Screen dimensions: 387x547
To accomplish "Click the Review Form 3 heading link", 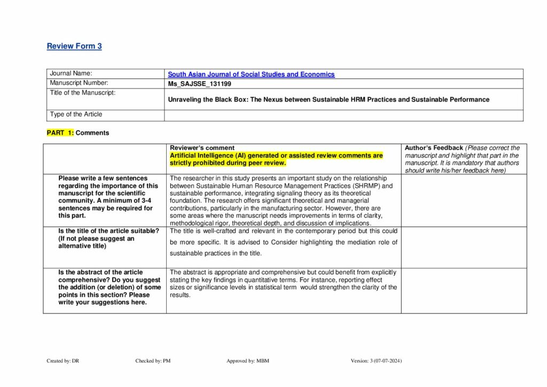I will pos(74,46).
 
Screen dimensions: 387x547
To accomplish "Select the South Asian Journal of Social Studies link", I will pos(251,74).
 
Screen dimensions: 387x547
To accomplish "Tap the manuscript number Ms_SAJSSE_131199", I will pos(200,84).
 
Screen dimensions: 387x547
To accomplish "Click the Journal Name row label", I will pos(71,73).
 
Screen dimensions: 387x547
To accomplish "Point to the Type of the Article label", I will pos(76,114).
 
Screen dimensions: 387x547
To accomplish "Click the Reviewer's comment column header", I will pos(202,148).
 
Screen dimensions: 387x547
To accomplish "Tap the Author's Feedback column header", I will pos(434,148).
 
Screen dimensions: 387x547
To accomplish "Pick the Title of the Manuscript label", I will pos(82,92).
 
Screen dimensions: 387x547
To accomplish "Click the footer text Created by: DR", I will pos(62,361).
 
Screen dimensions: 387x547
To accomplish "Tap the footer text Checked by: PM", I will pos(153,361).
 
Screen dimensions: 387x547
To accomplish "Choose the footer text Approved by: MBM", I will pos(247,361).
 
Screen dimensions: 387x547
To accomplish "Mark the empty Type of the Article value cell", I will pos(343,115).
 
